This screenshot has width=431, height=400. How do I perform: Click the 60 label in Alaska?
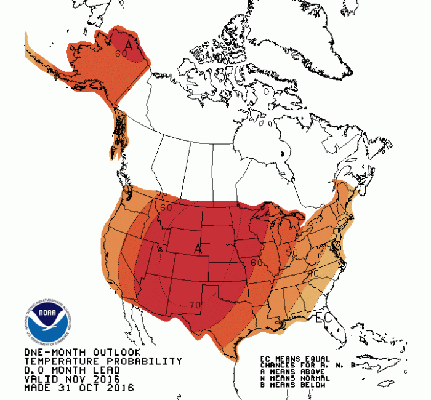pos(121,54)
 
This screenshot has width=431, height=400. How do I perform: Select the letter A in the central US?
pos(198,248)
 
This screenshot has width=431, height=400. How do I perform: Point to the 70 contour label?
pos(196,304)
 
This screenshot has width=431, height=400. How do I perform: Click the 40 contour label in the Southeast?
pos(313,273)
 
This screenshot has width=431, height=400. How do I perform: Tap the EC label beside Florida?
pos(323,318)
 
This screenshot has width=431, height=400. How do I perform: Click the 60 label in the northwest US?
pos(166,207)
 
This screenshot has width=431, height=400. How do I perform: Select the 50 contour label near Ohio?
pos(292,252)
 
